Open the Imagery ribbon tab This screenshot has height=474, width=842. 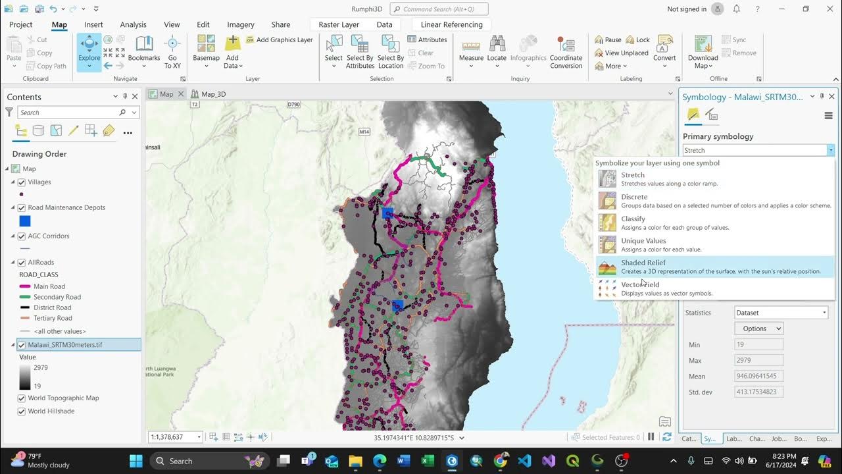click(x=240, y=24)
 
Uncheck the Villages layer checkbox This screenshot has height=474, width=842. click(x=22, y=182)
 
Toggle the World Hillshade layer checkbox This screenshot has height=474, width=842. click(x=22, y=411)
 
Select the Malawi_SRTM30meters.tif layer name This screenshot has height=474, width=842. click(x=65, y=345)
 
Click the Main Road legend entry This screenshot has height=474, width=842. click(x=49, y=286)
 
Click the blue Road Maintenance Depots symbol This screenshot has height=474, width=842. click(x=25, y=221)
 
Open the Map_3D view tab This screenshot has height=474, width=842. click(x=212, y=94)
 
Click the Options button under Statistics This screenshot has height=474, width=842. click(x=758, y=329)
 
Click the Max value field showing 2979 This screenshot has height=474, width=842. click(x=758, y=361)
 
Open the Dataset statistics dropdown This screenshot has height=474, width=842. click(x=781, y=313)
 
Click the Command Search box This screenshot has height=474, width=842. click(x=439, y=9)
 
